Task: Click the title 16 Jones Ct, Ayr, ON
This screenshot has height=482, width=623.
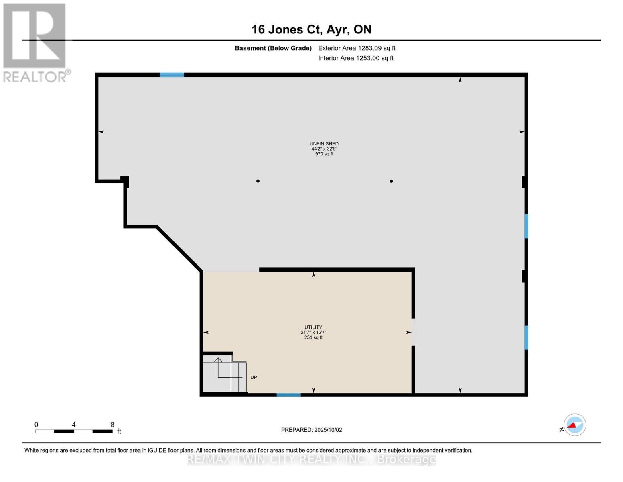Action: click(x=311, y=29)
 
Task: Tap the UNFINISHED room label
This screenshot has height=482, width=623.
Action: click(x=324, y=143)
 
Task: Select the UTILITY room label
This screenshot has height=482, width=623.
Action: click(x=313, y=327)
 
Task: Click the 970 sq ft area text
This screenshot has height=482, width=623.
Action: click(x=324, y=154)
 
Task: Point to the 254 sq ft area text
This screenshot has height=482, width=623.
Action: click(x=313, y=337)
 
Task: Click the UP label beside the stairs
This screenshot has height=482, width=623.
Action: click(x=254, y=377)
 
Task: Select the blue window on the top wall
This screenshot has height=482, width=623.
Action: click(x=172, y=75)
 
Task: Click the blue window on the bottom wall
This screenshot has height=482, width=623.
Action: click(x=288, y=395)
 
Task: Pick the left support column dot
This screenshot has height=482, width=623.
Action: click(x=258, y=181)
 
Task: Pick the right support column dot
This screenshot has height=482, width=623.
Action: click(x=391, y=181)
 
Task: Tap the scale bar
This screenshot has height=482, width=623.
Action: click(x=73, y=431)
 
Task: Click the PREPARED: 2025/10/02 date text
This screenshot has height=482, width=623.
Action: click(x=311, y=430)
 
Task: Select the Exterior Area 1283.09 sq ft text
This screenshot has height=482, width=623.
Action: click(x=357, y=48)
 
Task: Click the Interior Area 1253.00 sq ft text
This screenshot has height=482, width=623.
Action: click(x=355, y=58)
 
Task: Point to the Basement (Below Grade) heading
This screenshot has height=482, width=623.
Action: click(x=273, y=48)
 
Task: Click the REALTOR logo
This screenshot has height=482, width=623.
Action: click(x=35, y=42)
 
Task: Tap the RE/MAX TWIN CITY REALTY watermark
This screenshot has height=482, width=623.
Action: click(x=311, y=459)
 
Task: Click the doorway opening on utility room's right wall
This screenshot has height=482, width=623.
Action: click(x=413, y=332)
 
